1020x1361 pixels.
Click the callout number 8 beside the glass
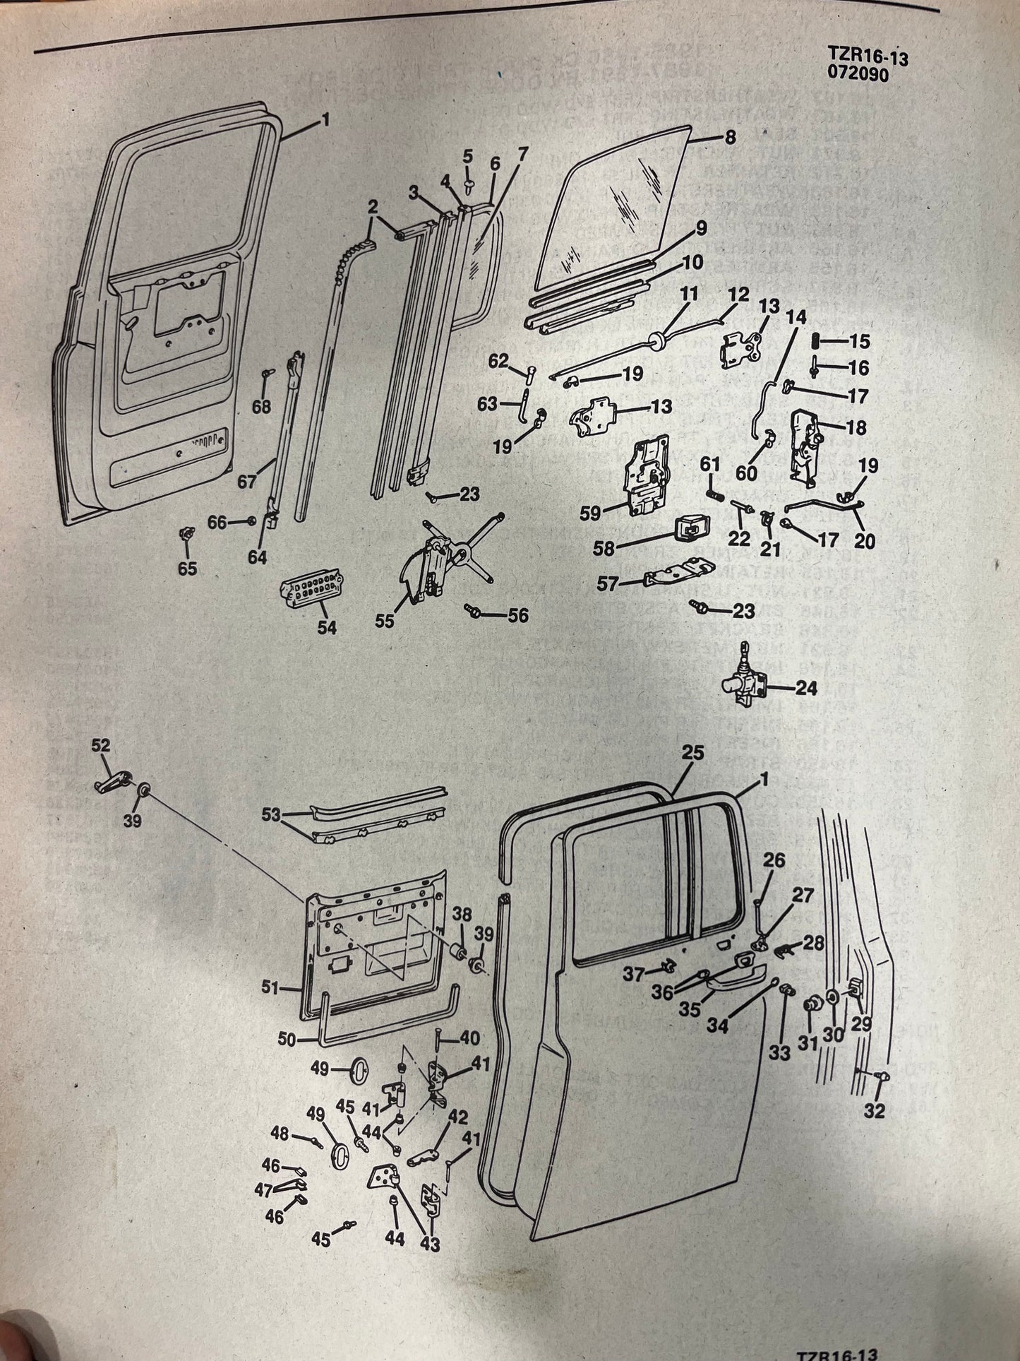point(730,138)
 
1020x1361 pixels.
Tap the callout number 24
point(807,687)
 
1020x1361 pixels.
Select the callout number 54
point(327,626)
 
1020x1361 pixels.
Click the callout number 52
point(101,745)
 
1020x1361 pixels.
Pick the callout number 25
point(693,753)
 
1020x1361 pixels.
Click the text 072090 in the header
point(863,75)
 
